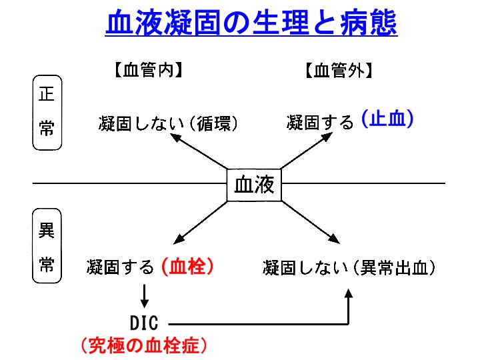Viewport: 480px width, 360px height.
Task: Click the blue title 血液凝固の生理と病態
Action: tap(251, 23)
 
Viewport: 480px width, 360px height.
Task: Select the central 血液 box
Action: tap(254, 185)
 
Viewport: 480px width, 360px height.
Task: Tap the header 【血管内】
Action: tap(149, 70)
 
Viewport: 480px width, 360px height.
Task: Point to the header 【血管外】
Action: tap(339, 70)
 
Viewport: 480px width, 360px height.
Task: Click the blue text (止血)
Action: tap(387, 119)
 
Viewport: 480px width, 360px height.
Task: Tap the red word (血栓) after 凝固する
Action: tap(187, 266)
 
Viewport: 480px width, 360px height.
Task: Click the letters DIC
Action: tap(144, 323)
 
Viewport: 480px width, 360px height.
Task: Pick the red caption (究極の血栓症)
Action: tap(144, 345)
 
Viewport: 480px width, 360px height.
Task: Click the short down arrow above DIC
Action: tap(145, 296)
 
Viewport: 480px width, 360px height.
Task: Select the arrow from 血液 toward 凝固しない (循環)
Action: tap(199, 151)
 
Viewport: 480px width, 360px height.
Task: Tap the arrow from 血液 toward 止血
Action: tap(307, 150)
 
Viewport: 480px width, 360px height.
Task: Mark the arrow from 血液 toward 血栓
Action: tap(200, 223)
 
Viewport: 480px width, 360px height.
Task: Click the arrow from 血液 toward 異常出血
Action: tap(311, 222)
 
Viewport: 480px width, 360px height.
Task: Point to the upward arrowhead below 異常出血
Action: tap(349, 293)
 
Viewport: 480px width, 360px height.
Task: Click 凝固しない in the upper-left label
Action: tap(141, 123)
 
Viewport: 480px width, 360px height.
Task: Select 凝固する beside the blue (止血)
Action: tap(320, 122)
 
